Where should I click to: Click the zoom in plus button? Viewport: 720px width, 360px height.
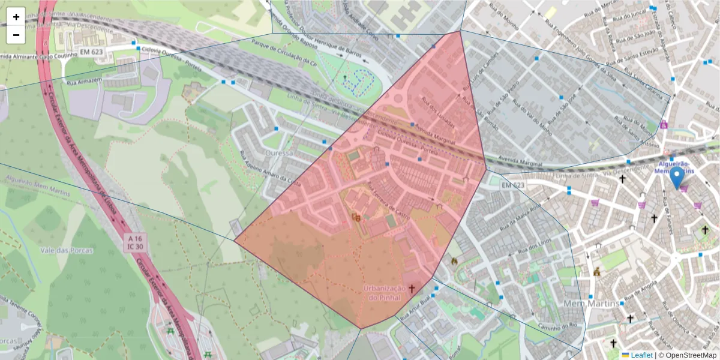16,17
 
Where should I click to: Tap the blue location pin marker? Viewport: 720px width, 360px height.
677,178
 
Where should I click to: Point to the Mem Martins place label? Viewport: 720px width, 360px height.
591,304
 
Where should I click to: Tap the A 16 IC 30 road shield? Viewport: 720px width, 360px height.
134,242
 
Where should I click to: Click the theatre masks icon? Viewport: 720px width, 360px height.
356,217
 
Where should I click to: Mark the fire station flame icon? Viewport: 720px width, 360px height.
454,262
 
